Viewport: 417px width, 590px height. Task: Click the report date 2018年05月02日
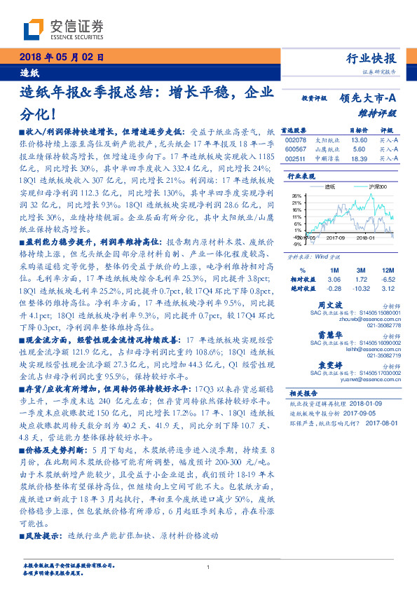58,57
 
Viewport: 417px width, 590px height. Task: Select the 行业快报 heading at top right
371,58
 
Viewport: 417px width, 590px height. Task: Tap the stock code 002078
296,140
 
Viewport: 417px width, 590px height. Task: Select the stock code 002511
296,159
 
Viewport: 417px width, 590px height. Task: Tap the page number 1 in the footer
209,568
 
